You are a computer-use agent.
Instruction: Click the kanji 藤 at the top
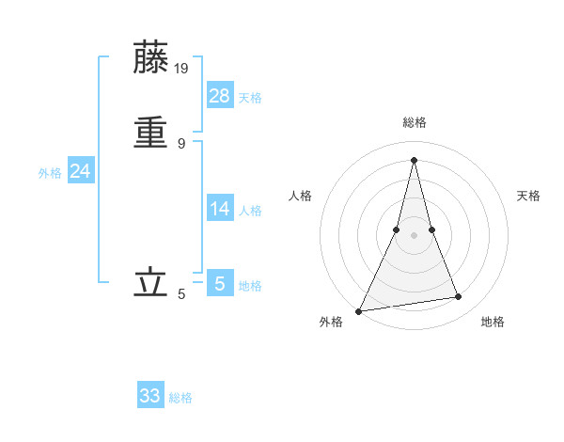tap(150, 58)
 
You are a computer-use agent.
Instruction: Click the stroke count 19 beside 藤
tap(182, 68)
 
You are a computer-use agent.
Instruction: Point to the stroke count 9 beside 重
tap(181, 143)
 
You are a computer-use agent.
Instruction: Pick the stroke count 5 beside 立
tap(181, 294)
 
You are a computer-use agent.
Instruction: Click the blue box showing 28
tap(220, 95)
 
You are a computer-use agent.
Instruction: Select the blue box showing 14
tap(220, 208)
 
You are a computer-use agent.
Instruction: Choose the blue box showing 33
tap(150, 396)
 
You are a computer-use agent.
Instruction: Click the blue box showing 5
tap(220, 282)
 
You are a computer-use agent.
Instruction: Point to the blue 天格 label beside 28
tap(250, 98)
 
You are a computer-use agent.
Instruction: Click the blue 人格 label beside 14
tap(250, 211)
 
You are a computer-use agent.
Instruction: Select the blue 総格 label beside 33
tap(180, 399)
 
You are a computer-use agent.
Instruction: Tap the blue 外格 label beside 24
tap(50, 173)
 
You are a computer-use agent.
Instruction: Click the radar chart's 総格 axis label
tap(414, 122)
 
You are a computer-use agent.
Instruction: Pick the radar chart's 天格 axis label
tap(529, 196)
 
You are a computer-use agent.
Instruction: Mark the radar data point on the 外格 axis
tap(359, 310)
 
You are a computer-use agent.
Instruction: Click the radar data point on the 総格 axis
tap(414, 160)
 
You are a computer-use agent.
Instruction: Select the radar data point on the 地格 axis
tap(459, 297)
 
